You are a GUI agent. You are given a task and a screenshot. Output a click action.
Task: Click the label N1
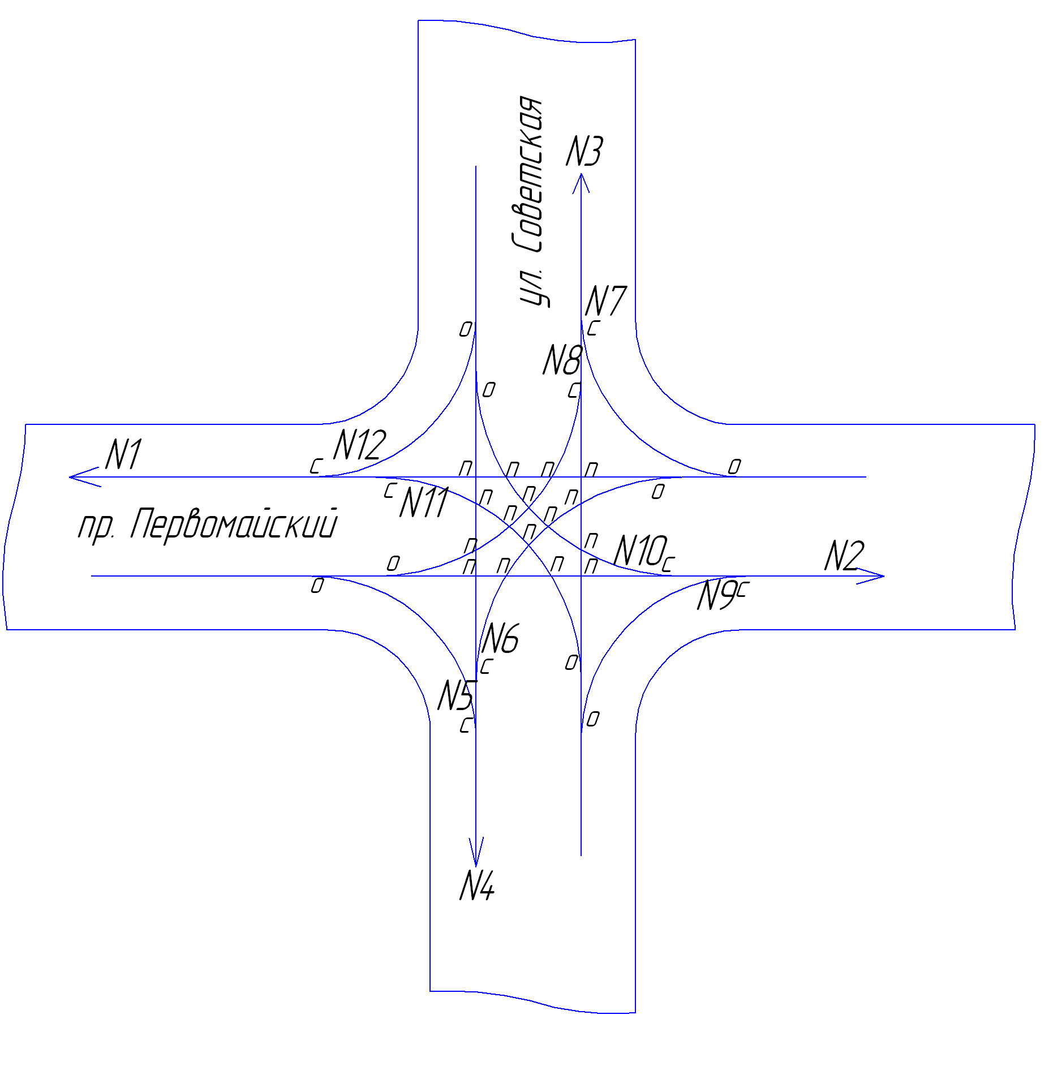coord(123,454)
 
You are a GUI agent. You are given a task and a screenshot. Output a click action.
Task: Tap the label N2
coord(844,556)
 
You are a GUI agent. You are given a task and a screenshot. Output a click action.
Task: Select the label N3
coord(584,151)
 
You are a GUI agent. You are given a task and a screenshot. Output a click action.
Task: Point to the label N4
coord(477,885)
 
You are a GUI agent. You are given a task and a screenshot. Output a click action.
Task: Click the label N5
coord(456,695)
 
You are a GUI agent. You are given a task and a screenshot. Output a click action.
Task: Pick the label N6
coord(500,639)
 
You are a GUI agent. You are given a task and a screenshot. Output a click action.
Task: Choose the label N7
coord(605,300)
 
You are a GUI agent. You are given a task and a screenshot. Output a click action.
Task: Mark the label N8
coord(562,360)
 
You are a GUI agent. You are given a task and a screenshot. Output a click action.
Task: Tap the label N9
coord(716,595)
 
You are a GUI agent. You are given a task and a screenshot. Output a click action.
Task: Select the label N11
coord(424,502)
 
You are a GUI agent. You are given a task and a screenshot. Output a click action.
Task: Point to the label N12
coord(359,445)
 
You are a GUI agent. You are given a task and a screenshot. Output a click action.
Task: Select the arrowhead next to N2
coord(871,576)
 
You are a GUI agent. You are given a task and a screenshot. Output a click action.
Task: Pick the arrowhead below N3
coord(581,183)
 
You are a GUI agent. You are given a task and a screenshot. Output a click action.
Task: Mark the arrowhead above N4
coord(476,852)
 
